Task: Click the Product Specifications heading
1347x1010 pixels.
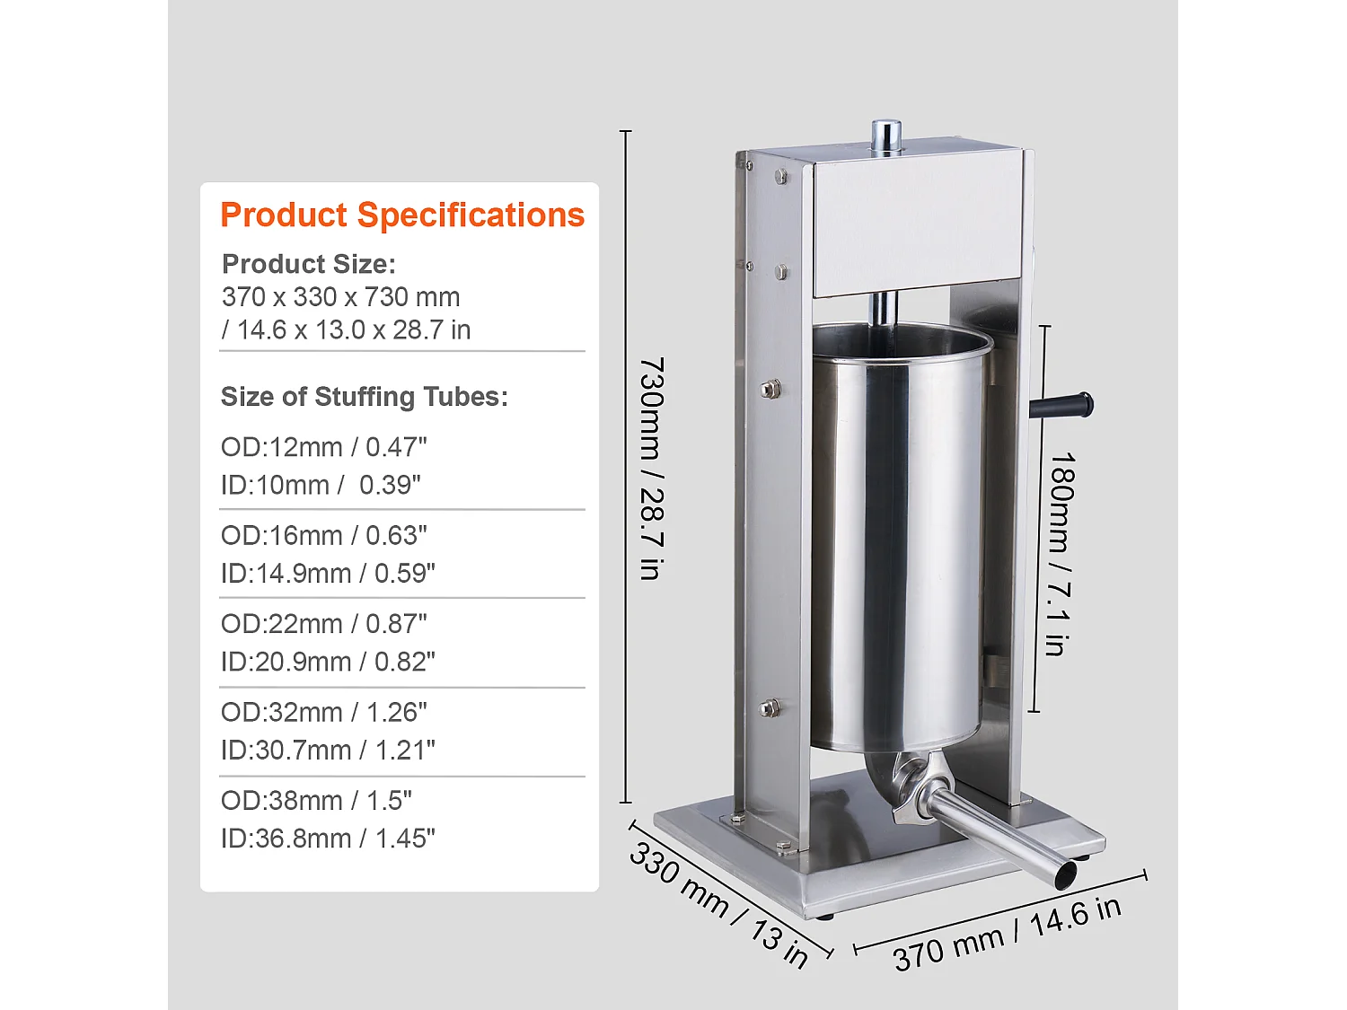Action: pos(402,215)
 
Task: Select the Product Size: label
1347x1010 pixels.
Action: pos(308,264)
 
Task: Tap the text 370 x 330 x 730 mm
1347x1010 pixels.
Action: pos(340,297)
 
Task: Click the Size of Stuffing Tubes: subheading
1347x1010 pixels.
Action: pos(364,397)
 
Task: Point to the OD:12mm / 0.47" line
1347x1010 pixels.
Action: pos(323,447)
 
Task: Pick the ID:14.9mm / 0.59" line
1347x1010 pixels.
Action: pos(328,574)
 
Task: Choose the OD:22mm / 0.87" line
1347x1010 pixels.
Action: pos(323,624)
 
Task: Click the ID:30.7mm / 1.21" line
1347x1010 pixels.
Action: pos(328,751)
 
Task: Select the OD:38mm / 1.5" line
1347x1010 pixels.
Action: pos(316,801)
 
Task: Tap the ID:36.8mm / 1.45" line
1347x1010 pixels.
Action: pos(328,839)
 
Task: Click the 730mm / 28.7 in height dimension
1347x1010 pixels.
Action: pos(652,468)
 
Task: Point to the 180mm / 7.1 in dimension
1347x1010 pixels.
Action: pos(1060,554)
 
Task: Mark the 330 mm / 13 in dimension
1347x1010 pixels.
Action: pos(719,903)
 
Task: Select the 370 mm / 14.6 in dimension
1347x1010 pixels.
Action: pos(1007,934)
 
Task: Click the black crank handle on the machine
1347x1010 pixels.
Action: pos(1063,406)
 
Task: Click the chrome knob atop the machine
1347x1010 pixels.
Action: pos(886,136)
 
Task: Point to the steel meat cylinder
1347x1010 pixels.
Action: pos(898,539)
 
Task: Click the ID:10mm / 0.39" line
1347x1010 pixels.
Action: pos(321,485)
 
